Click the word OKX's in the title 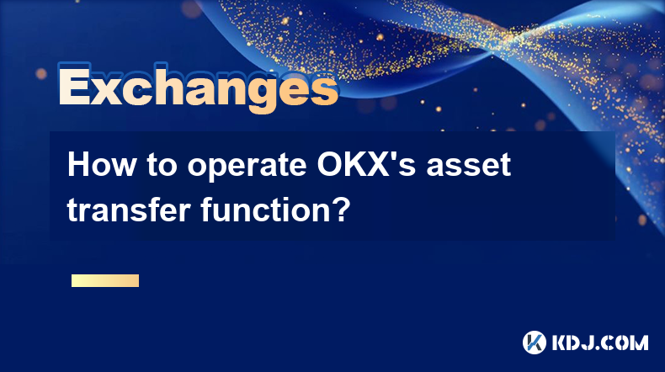click(367, 165)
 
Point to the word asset click(469, 166)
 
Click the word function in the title click(264, 210)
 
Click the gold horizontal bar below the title click(105, 280)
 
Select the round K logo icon click(535, 343)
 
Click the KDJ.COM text click(599, 343)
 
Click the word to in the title click(162, 166)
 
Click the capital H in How click(77, 165)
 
